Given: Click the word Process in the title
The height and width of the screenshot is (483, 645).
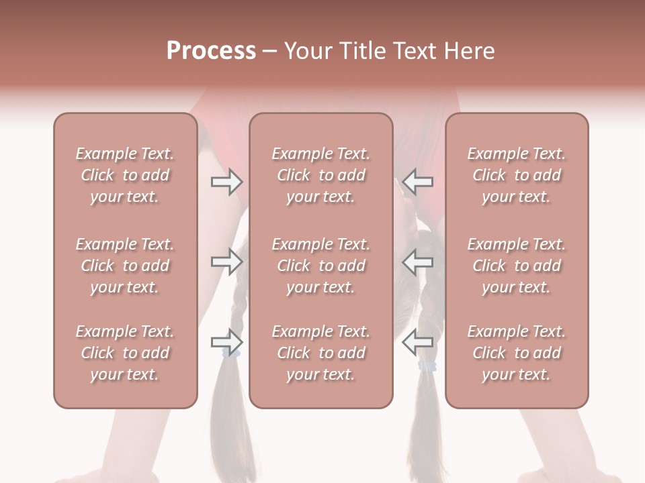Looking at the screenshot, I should [211, 51].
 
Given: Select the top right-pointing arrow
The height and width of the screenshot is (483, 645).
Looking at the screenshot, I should [226, 182].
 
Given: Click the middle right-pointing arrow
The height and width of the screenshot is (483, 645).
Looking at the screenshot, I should [226, 262].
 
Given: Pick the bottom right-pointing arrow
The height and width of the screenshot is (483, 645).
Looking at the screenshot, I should [226, 342].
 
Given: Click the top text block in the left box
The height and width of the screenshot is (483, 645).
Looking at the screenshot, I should [125, 175].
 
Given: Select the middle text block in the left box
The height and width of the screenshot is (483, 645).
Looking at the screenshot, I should [125, 266].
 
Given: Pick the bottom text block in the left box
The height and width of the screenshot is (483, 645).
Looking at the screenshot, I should [125, 353].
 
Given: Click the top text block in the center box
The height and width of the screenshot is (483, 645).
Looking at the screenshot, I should [320, 175].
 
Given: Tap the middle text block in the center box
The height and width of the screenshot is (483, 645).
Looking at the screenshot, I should [320, 266].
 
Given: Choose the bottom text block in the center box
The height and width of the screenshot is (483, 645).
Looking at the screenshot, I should [320, 353].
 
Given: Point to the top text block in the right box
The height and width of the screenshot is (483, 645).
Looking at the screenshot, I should [517, 175].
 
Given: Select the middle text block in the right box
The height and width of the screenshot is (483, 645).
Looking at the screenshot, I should [517, 266].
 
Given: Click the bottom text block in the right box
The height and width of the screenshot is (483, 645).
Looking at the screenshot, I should [517, 353].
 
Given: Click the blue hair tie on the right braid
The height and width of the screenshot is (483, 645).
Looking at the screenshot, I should [427, 366].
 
